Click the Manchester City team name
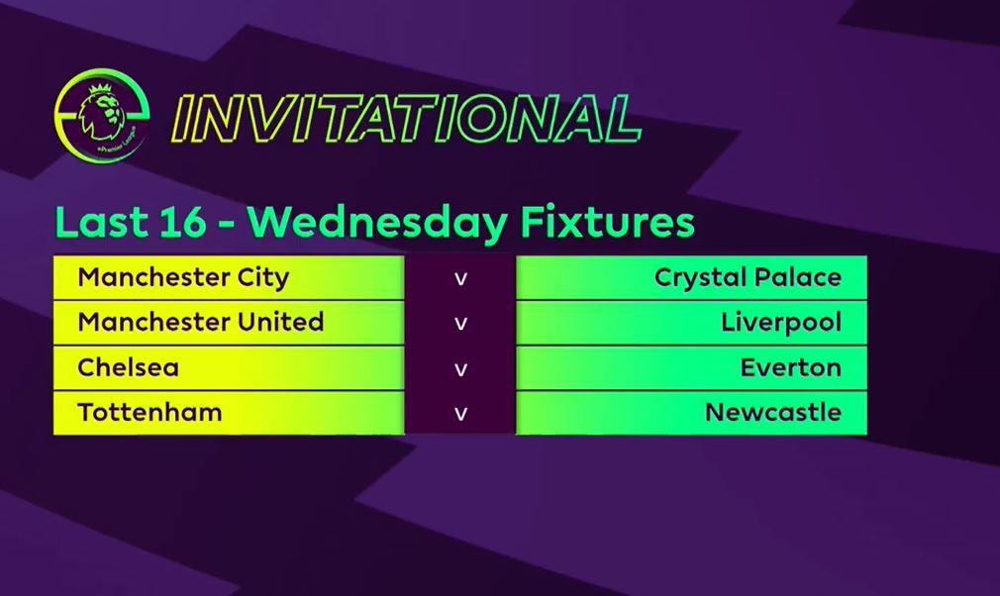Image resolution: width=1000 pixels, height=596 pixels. coord(183,278)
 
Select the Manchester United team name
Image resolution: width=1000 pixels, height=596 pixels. coord(201,322)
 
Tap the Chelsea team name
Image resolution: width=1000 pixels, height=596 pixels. coord(128,367)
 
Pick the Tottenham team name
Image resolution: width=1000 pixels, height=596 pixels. coord(150,413)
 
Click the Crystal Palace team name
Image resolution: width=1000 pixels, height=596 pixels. coord(748,278)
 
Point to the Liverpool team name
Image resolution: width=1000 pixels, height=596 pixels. coord(781,323)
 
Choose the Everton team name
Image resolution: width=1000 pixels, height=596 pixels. coord(791,368)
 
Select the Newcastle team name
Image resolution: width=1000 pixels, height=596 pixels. coord(773,413)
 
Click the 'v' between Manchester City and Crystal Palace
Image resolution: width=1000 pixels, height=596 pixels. coord(460,279)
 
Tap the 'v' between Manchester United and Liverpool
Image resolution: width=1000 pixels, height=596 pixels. coord(460,324)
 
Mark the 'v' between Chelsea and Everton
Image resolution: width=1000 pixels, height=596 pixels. coord(460,369)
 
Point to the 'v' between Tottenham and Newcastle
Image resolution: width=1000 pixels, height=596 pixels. coord(460,414)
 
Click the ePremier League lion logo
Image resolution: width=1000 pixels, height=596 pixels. coord(102,115)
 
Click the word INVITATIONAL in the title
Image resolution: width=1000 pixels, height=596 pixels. coord(406,119)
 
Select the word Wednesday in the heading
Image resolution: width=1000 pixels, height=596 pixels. coord(377,223)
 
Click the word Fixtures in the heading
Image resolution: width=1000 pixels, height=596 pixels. coord(607,223)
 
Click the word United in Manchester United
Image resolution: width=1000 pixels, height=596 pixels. coord(280,322)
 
